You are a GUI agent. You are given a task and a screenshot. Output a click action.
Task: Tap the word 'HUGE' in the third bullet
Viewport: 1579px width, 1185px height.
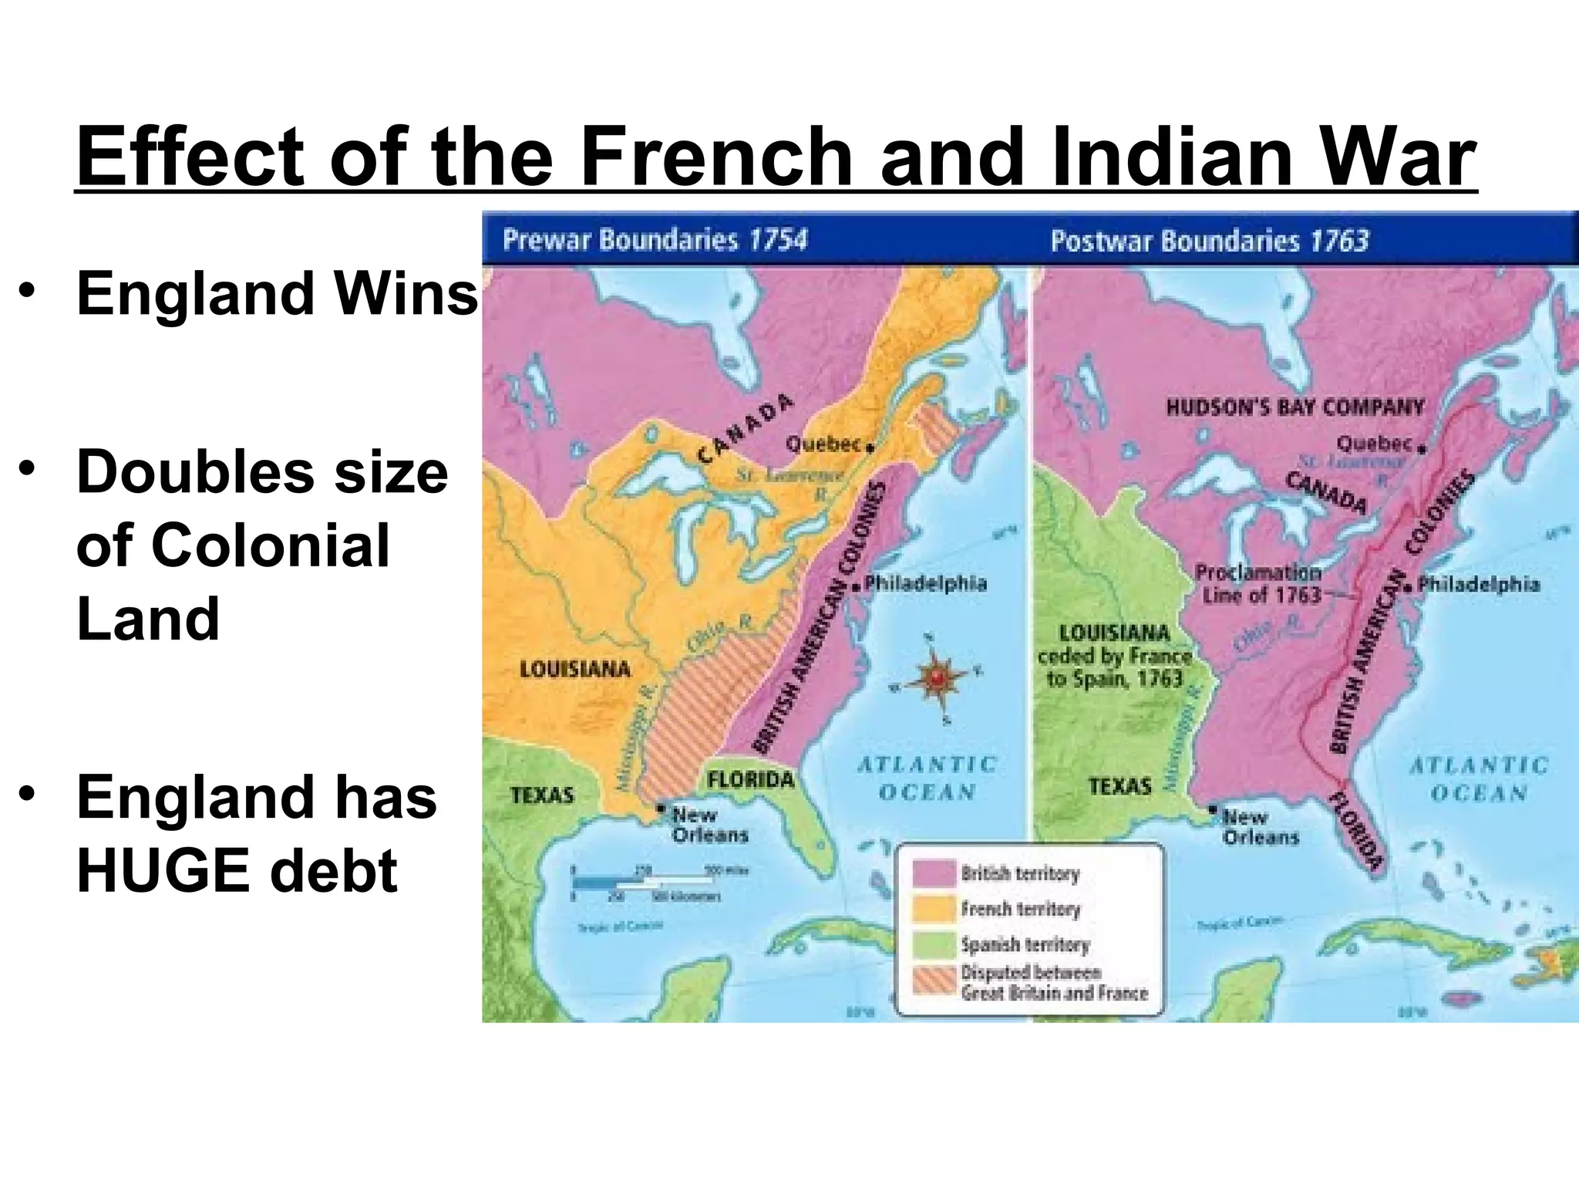pos(172,870)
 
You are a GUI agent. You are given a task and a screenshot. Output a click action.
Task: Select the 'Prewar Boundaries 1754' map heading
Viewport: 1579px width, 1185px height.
pos(655,240)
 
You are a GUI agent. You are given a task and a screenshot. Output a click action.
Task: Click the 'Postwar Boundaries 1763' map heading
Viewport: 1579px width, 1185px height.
pos(1209,241)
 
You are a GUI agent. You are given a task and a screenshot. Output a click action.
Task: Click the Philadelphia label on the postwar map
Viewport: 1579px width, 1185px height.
pos(1478,584)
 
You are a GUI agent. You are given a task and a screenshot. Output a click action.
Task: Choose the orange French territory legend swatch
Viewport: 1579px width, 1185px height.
pos(933,910)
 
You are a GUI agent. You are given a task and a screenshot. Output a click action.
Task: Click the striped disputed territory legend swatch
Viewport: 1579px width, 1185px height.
pos(933,981)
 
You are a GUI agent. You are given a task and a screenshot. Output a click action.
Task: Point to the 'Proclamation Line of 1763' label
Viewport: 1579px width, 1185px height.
pos(1258,584)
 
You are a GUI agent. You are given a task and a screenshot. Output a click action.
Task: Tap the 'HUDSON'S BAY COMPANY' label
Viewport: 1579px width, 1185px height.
pos(1295,407)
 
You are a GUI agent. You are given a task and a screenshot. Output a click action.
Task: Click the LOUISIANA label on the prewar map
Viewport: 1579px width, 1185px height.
pos(574,669)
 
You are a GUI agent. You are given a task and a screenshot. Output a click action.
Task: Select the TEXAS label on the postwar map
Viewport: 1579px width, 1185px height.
pos(1119,787)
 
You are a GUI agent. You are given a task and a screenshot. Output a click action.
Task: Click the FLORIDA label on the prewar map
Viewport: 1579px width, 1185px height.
pos(750,779)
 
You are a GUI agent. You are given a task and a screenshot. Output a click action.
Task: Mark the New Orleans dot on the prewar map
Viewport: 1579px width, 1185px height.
pos(661,809)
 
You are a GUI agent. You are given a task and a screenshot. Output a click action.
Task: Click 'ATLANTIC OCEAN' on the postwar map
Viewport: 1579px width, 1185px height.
pos(1479,779)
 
